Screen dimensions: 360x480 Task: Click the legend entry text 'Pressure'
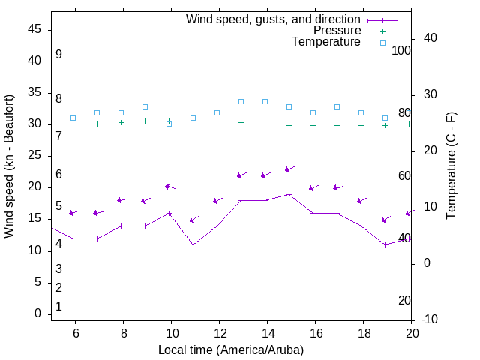(337, 31)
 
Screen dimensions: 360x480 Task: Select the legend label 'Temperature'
(326, 42)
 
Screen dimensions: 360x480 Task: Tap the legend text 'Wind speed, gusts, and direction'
(273, 19)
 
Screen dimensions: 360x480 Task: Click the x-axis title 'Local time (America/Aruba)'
(231, 349)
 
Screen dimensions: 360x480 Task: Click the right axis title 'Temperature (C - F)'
(451, 166)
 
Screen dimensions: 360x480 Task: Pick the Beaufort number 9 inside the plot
(58, 55)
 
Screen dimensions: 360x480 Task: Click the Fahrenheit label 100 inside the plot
(401, 51)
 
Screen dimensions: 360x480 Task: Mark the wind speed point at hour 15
(289, 194)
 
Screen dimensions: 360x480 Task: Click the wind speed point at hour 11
(193, 244)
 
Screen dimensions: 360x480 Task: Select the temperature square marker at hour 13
(241, 101)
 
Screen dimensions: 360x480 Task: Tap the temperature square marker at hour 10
(169, 124)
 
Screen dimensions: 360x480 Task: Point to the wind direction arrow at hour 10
(169, 187)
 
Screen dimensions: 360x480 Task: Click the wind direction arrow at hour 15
(289, 169)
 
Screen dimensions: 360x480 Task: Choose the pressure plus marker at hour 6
(73, 124)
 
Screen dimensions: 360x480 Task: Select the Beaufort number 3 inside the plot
(58, 269)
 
